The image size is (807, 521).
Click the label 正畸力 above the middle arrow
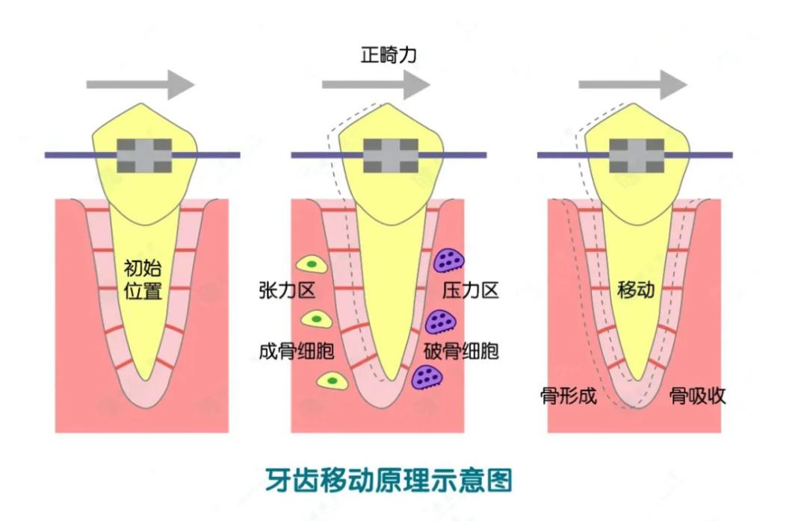tap(389, 57)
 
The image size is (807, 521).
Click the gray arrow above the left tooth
tap(140, 84)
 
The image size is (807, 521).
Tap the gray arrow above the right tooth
tap(632, 84)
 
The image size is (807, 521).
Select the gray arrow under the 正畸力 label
tap(376, 84)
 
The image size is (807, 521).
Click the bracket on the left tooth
tap(145, 155)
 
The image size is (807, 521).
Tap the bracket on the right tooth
tap(637, 155)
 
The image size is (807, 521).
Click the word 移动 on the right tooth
tap(636, 290)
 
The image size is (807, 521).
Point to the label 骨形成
tap(568, 396)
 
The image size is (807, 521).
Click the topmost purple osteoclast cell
tap(449, 260)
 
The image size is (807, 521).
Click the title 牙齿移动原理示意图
tap(389, 480)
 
